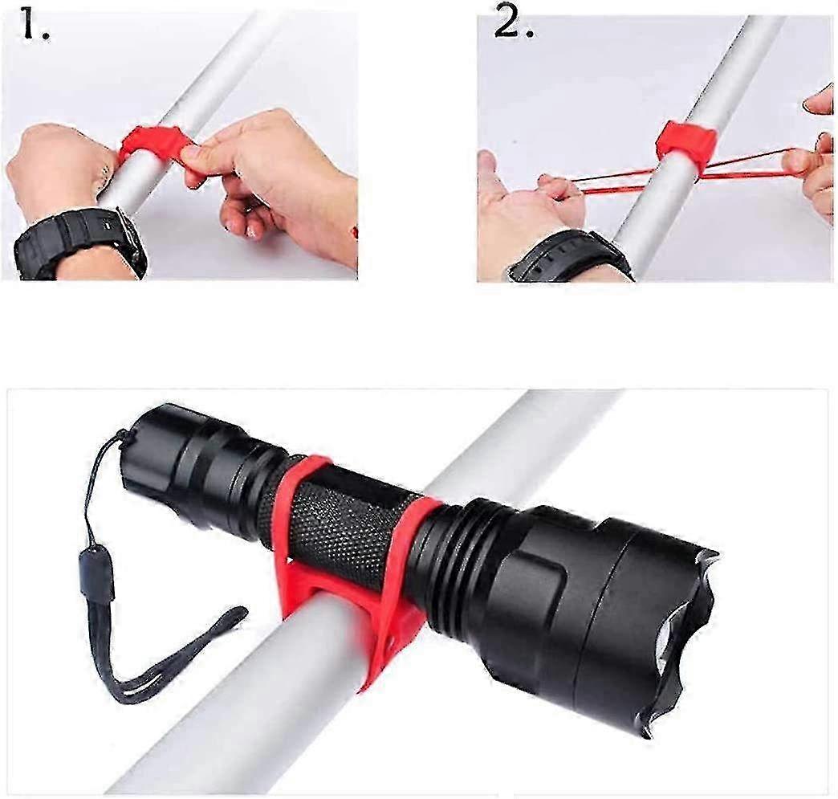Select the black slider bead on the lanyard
pos(96,576)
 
